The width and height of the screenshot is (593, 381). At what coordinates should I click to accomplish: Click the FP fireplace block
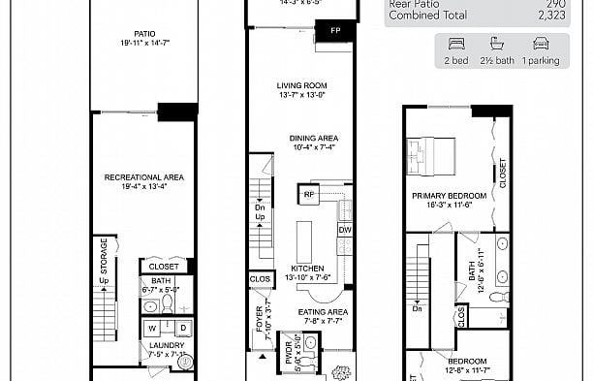[335, 30]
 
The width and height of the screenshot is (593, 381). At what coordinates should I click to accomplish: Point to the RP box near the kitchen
[310, 194]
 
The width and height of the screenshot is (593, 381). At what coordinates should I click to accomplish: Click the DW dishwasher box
[344, 230]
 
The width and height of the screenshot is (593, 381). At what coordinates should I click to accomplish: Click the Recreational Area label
[143, 177]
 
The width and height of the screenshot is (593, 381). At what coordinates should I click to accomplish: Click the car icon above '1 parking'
[541, 43]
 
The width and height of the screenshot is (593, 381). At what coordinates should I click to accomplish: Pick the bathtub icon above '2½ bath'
[499, 43]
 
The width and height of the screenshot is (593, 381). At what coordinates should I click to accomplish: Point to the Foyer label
[259, 320]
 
